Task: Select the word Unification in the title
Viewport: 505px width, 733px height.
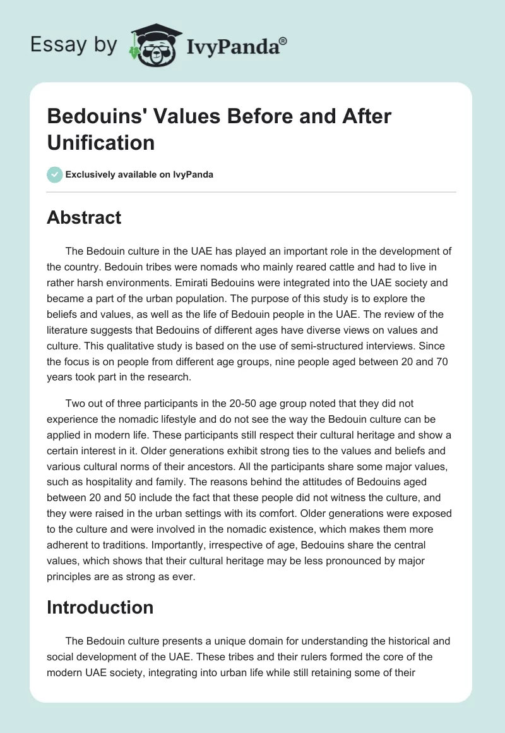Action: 101,142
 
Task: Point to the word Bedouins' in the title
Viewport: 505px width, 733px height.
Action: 94,117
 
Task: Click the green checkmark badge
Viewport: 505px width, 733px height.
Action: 55,174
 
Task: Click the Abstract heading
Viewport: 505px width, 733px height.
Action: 84,217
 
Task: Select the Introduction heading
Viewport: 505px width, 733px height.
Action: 100,607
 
